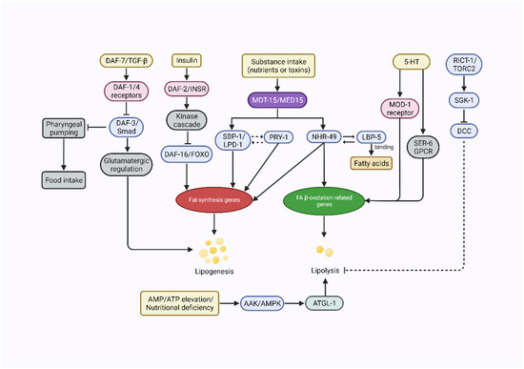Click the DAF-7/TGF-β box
(x=128, y=62)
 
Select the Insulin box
(x=186, y=62)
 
